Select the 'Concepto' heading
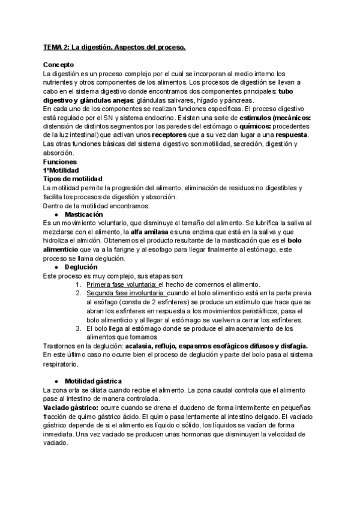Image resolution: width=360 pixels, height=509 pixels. pos(59,64)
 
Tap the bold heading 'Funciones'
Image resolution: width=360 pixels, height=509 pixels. pos(61,162)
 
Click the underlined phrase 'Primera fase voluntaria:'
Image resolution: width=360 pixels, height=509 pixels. pos(122,285)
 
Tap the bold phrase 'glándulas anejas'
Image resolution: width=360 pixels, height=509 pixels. pos(106,99)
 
